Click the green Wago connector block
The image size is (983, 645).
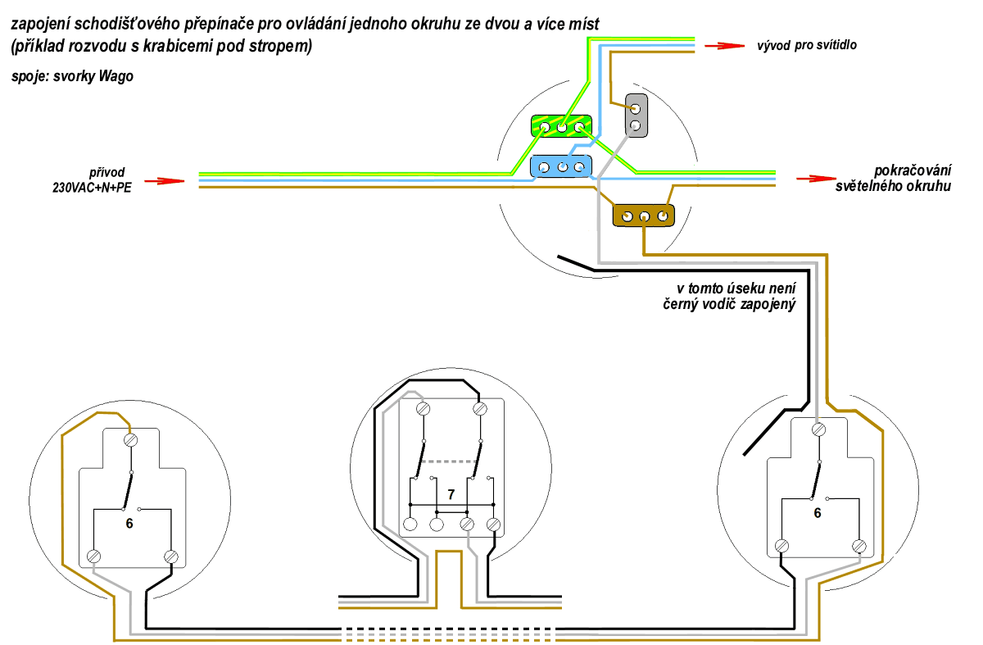pos(561,126)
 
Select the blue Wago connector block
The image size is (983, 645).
pos(561,166)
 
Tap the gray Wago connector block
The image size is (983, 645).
pos(636,115)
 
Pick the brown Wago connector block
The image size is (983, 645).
pos(644,216)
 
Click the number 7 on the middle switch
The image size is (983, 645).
pos(451,494)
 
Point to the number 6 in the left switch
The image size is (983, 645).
pos(129,521)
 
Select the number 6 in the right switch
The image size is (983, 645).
pos(817,513)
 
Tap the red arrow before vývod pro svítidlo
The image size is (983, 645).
pos(721,46)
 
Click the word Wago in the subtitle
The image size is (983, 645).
pos(116,77)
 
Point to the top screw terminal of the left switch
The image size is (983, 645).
pos(129,441)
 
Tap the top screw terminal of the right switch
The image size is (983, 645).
pos(818,429)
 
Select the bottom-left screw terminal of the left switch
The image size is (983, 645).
pos(93,557)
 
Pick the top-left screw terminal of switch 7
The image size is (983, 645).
pos(424,409)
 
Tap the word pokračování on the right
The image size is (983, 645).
pos(913,170)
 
